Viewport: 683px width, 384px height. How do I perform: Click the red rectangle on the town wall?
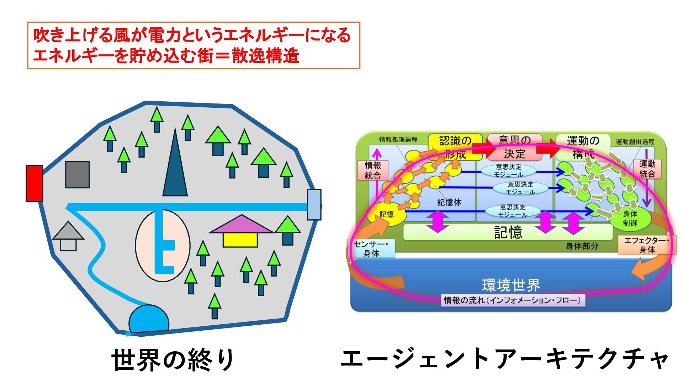point(34,183)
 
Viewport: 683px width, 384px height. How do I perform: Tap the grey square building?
point(77,175)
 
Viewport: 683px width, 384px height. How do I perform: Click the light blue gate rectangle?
point(314,204)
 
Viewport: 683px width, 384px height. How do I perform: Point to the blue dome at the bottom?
point(149,319)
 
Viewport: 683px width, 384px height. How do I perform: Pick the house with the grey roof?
point(68,236)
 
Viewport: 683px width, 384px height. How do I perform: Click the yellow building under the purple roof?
point(240,240)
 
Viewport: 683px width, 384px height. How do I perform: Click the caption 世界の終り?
point(173,360)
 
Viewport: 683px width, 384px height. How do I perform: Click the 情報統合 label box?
point(373,170)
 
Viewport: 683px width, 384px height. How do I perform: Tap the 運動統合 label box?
point(647,169)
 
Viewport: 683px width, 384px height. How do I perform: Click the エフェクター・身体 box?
point(647,245)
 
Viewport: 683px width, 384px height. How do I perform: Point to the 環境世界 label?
point(511,285)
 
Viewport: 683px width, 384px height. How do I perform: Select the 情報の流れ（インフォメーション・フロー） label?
point(512,300)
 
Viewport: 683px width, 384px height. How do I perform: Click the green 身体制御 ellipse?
point(630,219)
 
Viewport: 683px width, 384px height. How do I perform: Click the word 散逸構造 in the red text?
point(265,56)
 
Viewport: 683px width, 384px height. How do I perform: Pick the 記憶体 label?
point(449,202)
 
